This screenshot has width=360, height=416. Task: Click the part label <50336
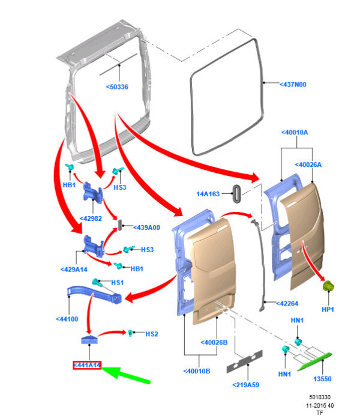click(x=117, y=87)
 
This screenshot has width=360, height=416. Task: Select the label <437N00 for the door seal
click(x=293, y=85)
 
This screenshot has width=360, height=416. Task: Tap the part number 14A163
click(x=208, y=194)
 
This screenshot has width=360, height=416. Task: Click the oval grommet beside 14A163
click(x=236, y=194)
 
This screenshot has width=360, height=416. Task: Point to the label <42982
click(x=91, y=219)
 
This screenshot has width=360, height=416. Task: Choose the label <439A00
click(x=146, y=228)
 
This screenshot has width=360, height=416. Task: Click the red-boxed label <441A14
click(x=87, y=366)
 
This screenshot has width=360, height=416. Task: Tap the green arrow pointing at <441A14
click(x=125, y=374)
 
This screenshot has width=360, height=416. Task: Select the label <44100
click(x=67, y=319)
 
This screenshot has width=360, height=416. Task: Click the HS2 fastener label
click(x=152, y=334)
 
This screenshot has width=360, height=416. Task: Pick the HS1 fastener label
click(x=117, y=283)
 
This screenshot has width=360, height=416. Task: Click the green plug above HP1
click(x=328, y=286)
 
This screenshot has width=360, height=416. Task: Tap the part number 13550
click(x=322, y=379)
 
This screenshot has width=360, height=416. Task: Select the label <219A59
click(x=246, y=385)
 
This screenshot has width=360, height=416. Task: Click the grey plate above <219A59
click(x=244, y=361)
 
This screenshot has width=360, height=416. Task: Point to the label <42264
click(x=287, y=304)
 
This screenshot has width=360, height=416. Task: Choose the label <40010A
click(x=295, y=133)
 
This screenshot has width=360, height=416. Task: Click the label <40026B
click(x=214, y=343)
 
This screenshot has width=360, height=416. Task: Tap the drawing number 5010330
click(x=320, y=397)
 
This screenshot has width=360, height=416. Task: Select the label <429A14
click(x=74, y=270)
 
